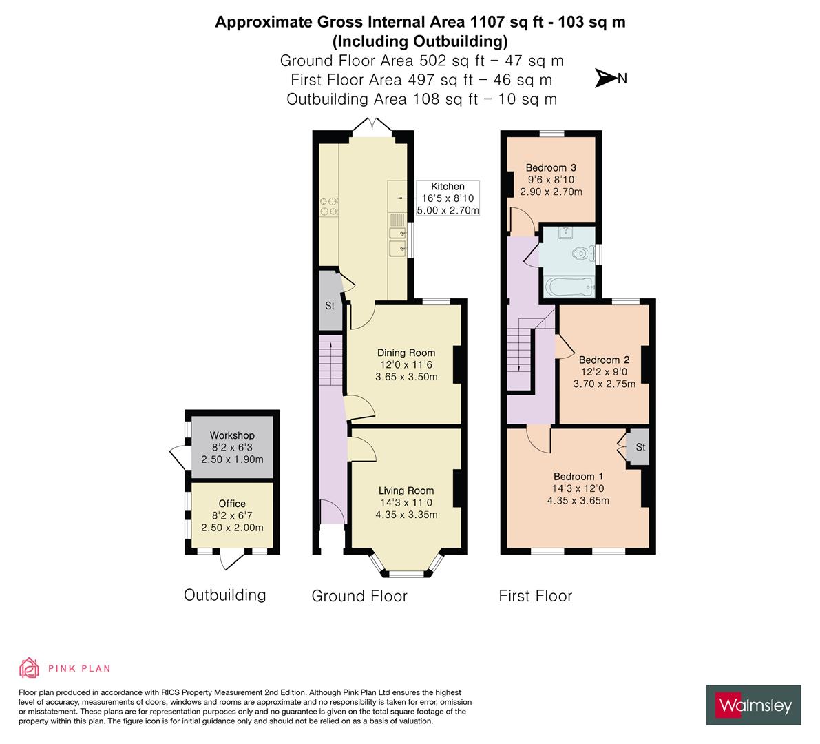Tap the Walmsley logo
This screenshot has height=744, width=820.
[755, 705]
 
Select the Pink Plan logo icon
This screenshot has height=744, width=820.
[29, 668]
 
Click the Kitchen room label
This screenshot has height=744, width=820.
[448, 187]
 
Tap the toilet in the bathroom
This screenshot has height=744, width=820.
[582, 254]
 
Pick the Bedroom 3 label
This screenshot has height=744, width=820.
[551, 167]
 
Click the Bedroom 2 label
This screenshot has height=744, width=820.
[604, 360]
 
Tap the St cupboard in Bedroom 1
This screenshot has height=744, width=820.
[640, 448]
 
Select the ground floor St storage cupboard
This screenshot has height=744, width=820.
[329, 306]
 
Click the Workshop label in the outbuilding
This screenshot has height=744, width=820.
[232, 435]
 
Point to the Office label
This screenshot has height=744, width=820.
[232, 504]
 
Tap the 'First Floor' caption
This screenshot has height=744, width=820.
[535, 595]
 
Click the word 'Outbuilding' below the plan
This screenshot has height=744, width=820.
[224, 595]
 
